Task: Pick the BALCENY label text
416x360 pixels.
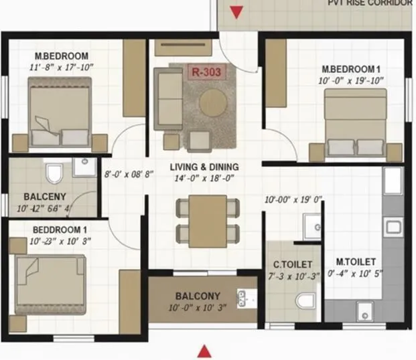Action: click(x=44, y=197)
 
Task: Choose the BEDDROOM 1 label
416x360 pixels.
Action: click(x=60, y=230)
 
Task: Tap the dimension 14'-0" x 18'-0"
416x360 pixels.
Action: click(x=204, y=179)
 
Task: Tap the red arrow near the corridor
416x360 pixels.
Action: click(x=236, y=12)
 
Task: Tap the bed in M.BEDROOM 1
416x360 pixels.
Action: click(x=355, y=124)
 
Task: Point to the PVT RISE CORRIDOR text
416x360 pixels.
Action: click(x=370, y=3)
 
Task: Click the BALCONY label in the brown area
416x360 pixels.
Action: click(x=198, y=296)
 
